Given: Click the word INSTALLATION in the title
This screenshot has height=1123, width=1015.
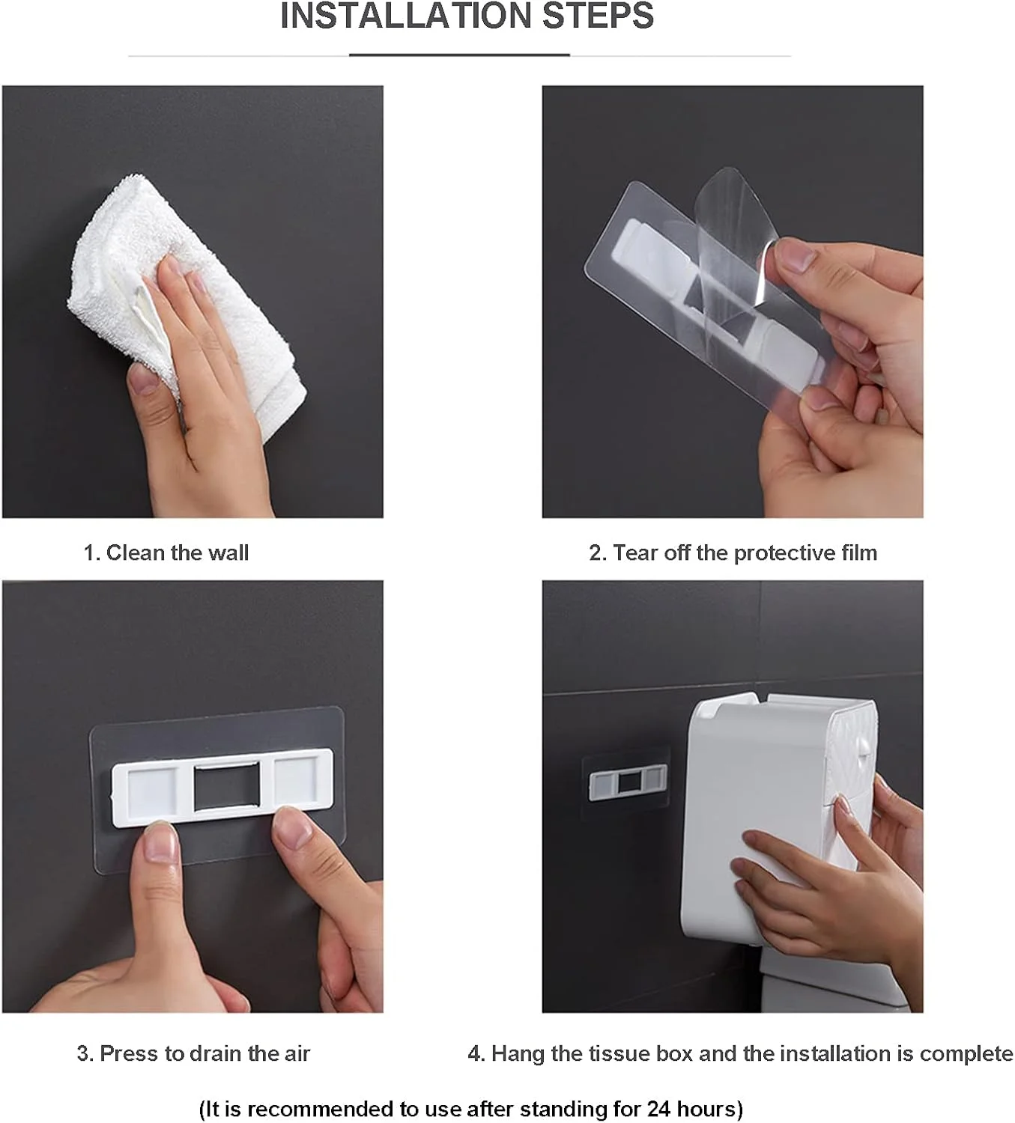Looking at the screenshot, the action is coord(405,16).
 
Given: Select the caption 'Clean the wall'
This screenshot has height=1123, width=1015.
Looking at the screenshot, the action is coord(177,553).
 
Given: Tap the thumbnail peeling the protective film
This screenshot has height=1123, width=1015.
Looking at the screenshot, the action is coord(796,255).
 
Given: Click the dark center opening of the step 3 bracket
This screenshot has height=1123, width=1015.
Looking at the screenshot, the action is coord(227,786).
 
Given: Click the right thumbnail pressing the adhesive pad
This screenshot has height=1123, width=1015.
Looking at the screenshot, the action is coord(292,829).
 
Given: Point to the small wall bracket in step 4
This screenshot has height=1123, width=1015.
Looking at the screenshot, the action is coord(628,782).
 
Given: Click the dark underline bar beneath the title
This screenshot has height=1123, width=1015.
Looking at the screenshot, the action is coord(459,55).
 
